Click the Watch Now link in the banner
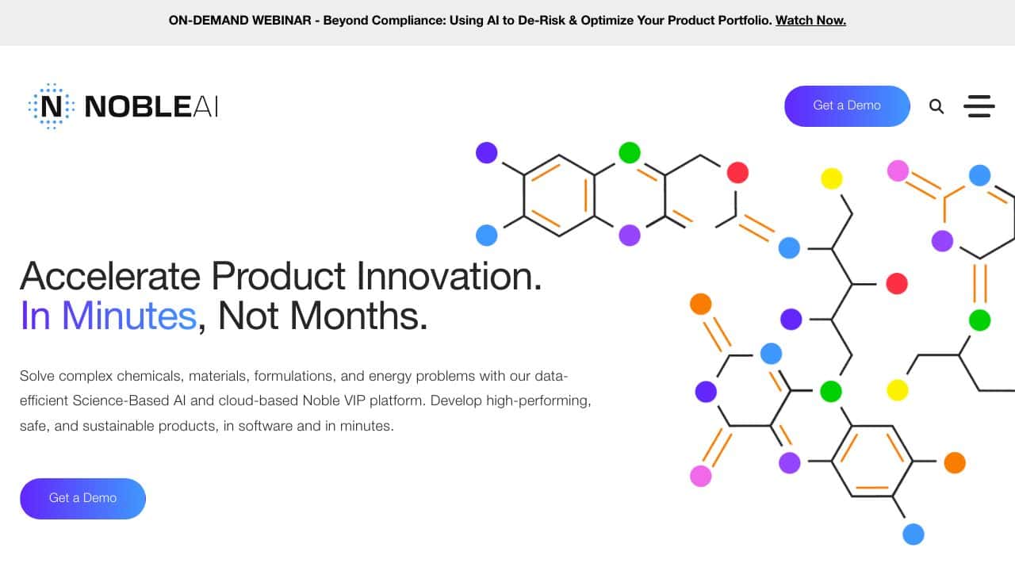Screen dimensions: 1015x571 click(810, 21)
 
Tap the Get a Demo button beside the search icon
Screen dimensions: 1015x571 click(847, 106)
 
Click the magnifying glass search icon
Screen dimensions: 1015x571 click(936, 106)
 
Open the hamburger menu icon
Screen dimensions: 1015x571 click(979, 106)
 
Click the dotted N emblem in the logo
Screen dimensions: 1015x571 click(52, 106)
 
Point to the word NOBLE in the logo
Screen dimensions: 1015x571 click(138, 107)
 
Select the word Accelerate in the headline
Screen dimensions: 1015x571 click(110, 276)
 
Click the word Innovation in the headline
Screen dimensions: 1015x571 click(449, 276)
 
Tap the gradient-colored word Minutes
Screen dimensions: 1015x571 click(129, 316)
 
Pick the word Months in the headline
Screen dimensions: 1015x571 click(358, 316)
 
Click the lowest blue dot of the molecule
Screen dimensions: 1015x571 click(913, 534)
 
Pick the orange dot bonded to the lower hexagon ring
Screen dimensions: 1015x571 click(955, 462)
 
